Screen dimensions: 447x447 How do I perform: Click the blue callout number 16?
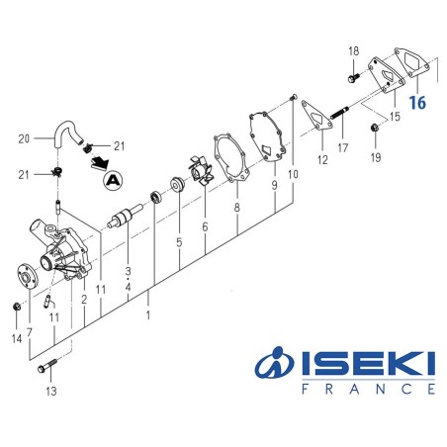click(416, 101)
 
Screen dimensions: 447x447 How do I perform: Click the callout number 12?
click(321, 159)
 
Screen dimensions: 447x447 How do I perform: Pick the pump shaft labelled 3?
click(129, 218)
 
